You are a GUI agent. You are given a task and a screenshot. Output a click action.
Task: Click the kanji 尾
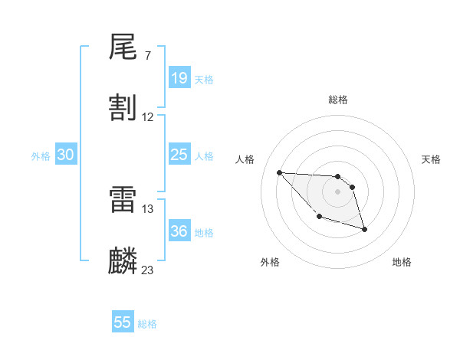point(123,47)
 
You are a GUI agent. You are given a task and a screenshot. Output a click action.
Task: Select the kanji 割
point(123,107)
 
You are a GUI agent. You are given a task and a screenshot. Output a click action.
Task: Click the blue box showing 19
point(179,78)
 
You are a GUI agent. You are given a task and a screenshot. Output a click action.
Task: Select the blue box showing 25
point(179,155)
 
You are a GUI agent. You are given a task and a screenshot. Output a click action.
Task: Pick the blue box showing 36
point(179,231)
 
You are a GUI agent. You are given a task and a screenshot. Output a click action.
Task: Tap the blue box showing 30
point(66,155)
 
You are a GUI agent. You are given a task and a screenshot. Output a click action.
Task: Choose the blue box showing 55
point(123,322)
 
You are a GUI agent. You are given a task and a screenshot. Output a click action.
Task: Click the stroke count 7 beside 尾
point(147,56)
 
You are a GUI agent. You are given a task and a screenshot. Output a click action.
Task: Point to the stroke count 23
point(148,270)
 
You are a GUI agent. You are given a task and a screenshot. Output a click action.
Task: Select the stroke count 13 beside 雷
point(148,208)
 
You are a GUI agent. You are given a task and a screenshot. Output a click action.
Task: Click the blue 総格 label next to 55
point(147,324)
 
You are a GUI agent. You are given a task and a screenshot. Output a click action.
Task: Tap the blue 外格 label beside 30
point(41,156)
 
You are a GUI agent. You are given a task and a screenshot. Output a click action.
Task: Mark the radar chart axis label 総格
point(338,100)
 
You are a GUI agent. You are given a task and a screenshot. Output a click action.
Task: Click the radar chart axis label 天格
point(432,159)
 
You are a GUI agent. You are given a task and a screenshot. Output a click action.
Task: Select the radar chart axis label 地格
point(402,262)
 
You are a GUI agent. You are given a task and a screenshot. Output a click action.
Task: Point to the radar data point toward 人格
point(279,172)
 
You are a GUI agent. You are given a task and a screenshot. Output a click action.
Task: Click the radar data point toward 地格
point(364,229)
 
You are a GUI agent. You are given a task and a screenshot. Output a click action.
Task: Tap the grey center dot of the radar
point(338,191)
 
